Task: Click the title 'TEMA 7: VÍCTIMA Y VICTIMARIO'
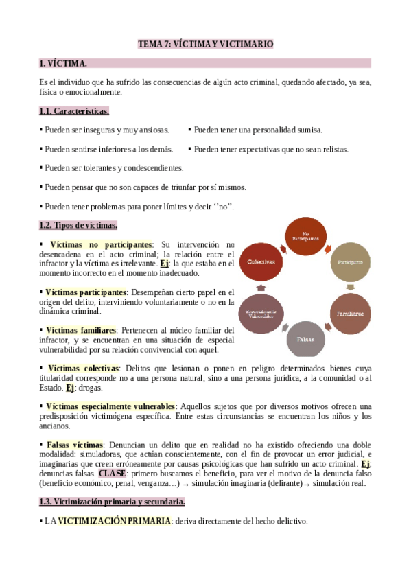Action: (x=205, y=44)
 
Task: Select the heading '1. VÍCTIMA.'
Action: (x=63, y=64)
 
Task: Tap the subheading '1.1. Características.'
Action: (x=74, y=111)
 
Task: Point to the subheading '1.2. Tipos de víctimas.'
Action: (x=78, y=225)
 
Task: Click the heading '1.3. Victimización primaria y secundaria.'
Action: (x=112, y=502)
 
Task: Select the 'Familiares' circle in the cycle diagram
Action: (x=350, y=313)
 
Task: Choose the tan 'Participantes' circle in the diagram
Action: (x=350, y=262)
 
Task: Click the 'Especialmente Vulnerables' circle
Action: (x=261, y=313)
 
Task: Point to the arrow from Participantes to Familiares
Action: (x=351, y=288)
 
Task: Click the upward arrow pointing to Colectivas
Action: (x=261, y=288)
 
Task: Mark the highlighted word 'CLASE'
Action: (x=111, y=473)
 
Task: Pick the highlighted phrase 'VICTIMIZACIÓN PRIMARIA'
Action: (x=114, y=521)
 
